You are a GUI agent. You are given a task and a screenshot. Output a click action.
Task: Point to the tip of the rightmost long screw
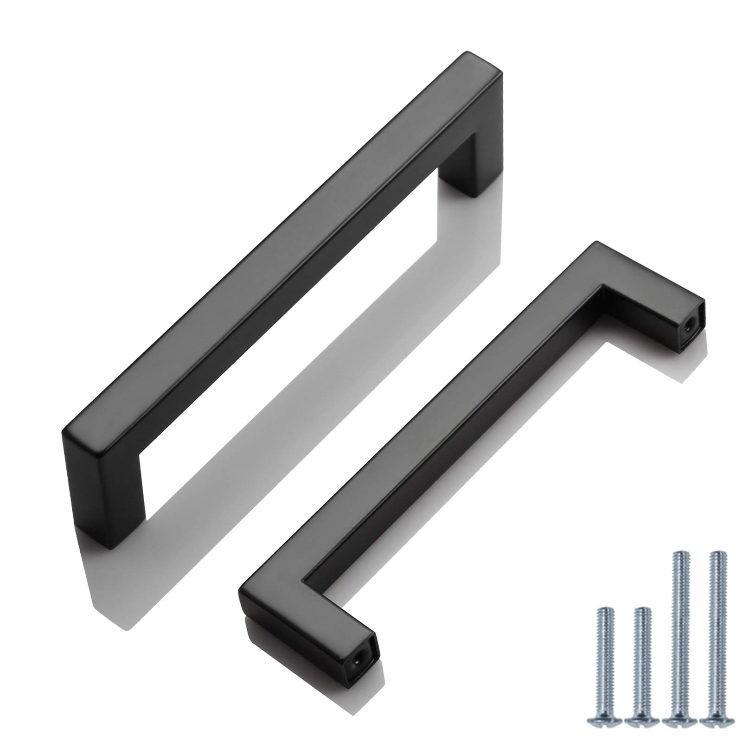[718, 553]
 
